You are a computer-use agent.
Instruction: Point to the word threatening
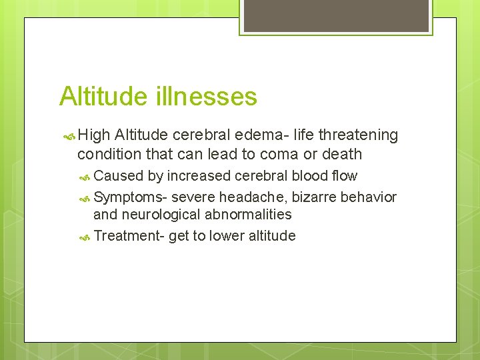[x=358, y=135]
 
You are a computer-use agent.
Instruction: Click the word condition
[x=109, y=154]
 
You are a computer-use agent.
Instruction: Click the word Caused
[x=118, y=176]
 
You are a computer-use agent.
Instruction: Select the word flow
[x=345, y=176]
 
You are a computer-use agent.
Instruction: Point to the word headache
[x=255, y=197]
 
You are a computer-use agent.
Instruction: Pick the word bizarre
[x=315, y=197]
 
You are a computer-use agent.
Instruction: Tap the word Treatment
[x=126, y=236]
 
